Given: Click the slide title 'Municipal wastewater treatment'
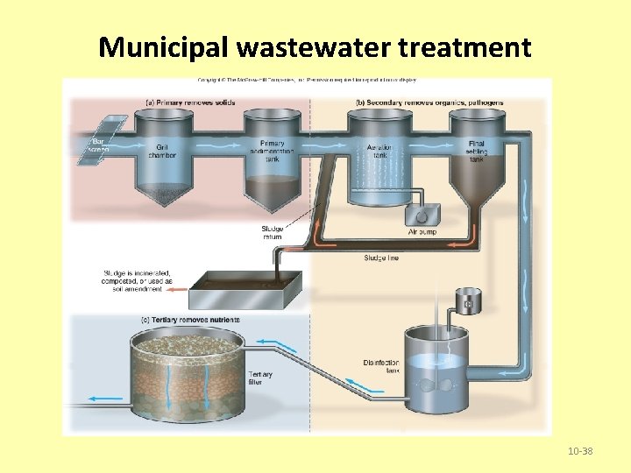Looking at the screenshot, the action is pos(315,46).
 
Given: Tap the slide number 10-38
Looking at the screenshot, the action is pos(579,451).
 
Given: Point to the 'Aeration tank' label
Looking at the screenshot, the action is pos(378,152).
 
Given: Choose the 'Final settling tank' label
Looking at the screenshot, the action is pos(476,151).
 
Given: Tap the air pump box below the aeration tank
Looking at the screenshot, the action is pos(421,215).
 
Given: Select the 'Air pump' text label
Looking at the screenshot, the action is pos(422,233).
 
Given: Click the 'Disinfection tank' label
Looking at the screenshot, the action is pos(381,366).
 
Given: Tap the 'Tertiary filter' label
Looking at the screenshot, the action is pos(260,378).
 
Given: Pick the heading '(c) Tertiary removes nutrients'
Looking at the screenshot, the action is pos(189,320).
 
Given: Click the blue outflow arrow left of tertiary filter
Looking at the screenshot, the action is pos(106,399).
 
